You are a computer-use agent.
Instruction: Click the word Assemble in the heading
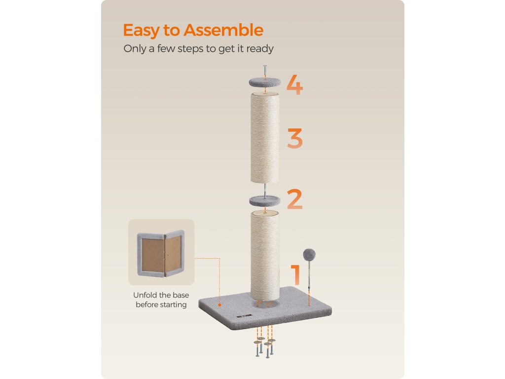pos(223,30)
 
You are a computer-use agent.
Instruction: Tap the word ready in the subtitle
pos(260,49)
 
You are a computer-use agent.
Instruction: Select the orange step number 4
pos(295,85)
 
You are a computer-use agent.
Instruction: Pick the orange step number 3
pos(295,138)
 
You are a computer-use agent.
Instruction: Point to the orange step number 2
pos(295,199)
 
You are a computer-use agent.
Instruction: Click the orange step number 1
pos(296,275)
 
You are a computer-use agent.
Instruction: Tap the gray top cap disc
pos(265,82)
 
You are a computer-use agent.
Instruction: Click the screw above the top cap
pos(265,71)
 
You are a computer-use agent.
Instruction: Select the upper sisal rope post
pos(265,138)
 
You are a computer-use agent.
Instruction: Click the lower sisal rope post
pos(265,255)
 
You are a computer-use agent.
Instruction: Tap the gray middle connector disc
pos(265,201)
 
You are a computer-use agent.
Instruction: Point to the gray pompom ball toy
pos(309,255)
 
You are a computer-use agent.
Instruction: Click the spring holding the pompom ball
pos(309,274)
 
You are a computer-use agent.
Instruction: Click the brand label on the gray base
pos(244,316)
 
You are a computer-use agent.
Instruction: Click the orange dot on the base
pos(219,304)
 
